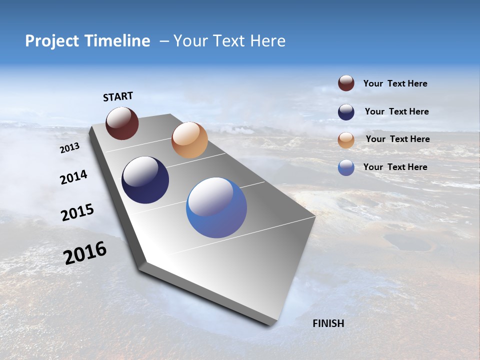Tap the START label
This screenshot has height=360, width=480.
point(118,96)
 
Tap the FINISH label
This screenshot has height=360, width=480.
point(328,323)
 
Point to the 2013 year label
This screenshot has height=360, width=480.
point(69,148)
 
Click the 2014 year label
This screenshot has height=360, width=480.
point(73,177)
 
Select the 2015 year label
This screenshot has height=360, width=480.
point(77,213)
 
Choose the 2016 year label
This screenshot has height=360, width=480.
point(85,253)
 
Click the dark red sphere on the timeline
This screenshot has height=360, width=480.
point(122,123)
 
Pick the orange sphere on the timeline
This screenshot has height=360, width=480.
point(189,140)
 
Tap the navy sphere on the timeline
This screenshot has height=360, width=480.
point(145,180)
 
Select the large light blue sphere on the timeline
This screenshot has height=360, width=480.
point(216,207)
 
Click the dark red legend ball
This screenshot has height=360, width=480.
point(346,83)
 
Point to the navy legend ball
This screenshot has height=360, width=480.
point(346,112)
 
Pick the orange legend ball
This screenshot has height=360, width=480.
point(346,140)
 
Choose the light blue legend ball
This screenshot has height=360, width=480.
point(346,167)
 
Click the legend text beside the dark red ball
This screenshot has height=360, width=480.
point(395,84)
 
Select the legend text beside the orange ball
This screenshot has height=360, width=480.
point(397,139)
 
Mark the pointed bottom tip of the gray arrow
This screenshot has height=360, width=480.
point(270,325)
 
